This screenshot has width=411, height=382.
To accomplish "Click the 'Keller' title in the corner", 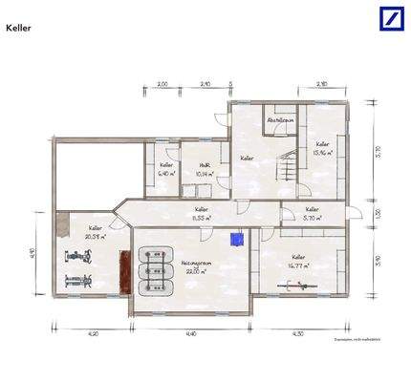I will coord(19,29).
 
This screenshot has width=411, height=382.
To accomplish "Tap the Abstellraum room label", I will coord(279,120).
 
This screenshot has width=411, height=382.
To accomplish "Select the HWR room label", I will coord(203,166).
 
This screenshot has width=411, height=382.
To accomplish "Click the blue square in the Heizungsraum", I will coord(237,239).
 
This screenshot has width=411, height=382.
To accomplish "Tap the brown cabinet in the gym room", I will coord(121,272).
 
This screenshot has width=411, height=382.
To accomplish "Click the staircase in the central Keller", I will coord(285,172).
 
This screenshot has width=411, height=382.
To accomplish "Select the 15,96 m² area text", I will coord(322,151).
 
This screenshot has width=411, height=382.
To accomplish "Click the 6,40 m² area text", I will coord(165,174).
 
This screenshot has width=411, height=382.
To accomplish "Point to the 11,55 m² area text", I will coord(202,219).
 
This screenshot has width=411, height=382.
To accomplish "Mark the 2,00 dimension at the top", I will coord(162,85).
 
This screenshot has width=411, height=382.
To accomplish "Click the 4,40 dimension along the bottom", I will coord(191,333).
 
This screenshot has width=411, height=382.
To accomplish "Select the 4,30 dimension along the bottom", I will coord(297,333).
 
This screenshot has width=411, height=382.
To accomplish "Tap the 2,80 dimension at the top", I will coord(323,85).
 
